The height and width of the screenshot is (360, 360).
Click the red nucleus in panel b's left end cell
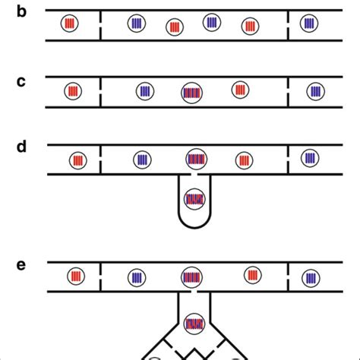(x=70, y=24)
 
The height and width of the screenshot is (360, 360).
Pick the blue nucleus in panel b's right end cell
(x=310, y=24)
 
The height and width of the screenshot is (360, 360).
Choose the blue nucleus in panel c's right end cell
(x=314, y=91)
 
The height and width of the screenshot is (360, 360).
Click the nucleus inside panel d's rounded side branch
(x=195, y=200)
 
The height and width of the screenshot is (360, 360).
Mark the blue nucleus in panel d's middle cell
(x=141, y=159)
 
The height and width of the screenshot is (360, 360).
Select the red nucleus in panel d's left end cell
(x=77, y=160)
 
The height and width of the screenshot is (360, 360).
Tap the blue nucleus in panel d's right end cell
(x=310, y=158)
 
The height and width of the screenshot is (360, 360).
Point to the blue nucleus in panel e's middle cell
(x=137, y=276)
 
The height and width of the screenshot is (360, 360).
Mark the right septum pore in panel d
(x=289, y=159)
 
